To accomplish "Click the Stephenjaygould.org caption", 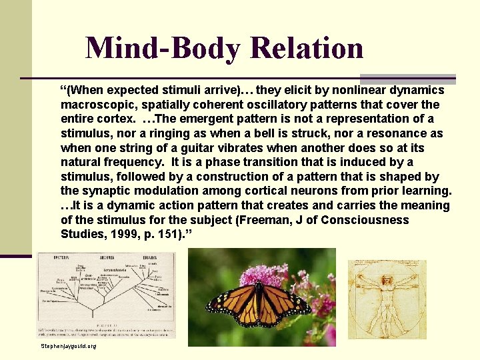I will point(69,347).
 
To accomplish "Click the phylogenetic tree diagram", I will point(106,293).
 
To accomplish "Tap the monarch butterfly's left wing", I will point(230,299).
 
